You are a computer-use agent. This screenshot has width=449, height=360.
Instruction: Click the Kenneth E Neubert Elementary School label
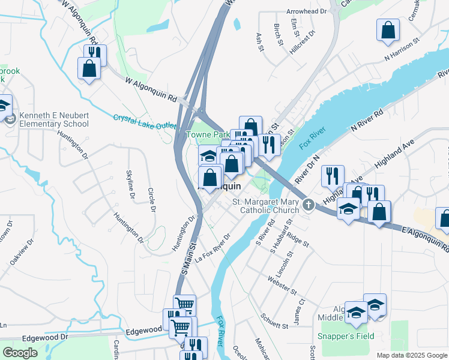coord(54,119)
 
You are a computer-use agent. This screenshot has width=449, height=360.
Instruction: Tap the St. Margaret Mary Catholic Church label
coord(270,206)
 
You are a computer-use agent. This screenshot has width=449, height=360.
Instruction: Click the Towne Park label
coord(205,135)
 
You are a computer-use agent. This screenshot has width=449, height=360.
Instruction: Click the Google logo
coord(20,352)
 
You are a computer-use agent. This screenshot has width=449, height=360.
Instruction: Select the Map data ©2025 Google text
coord(411,355)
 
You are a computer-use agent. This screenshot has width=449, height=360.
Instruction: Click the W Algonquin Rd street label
coord(151,89)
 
